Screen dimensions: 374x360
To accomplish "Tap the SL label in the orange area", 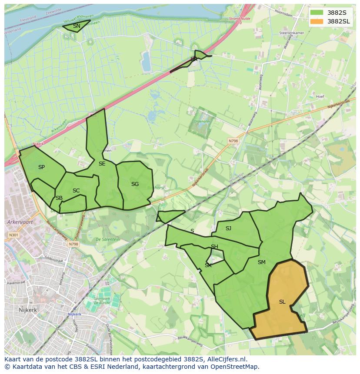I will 282,302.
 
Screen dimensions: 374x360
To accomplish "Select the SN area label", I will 77,26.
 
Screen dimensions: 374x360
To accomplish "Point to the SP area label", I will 41,167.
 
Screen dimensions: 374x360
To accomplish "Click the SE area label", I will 102,164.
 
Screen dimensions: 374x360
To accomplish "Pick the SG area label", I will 135,184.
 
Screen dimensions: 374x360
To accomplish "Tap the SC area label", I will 76,191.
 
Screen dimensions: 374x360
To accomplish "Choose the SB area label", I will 59,198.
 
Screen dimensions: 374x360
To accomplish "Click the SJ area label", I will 228,228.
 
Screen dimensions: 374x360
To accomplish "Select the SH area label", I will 214,247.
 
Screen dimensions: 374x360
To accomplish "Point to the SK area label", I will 208,265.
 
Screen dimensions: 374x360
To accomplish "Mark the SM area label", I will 261,262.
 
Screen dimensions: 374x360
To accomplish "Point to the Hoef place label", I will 320,97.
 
